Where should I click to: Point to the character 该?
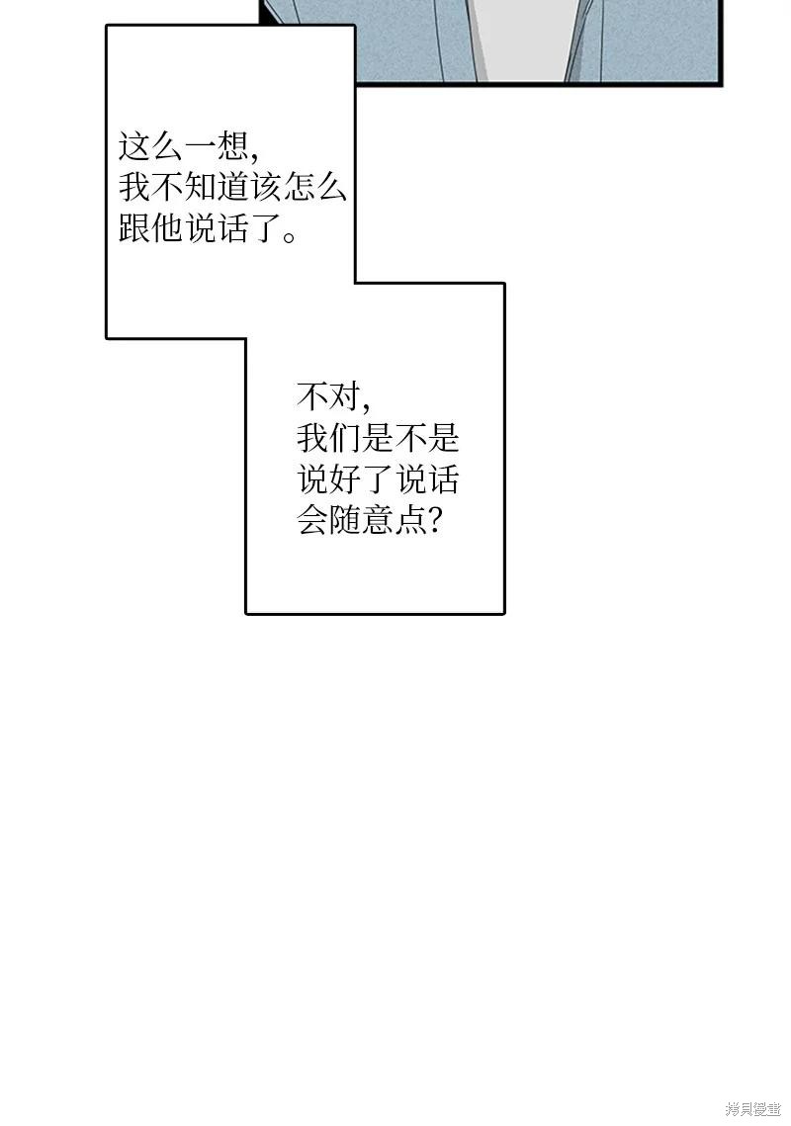pos(267,188)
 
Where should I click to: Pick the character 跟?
pos(134,229)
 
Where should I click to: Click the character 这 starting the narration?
pos(134,147)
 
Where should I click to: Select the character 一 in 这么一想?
pos(201,147)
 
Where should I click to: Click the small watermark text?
pos(753,1109)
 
